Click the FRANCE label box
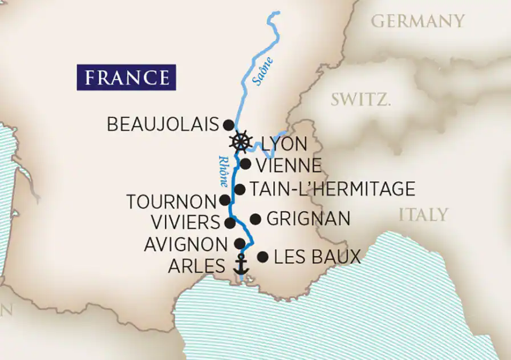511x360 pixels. click(127, 77)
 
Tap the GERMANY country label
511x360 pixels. click(417, 22)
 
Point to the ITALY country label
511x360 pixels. click(423, 215)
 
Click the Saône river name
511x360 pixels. click(263, 71)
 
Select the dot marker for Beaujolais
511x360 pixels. click(228, 124)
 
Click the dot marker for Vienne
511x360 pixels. click(245, 164)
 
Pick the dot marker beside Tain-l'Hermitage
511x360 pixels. click(240, 189)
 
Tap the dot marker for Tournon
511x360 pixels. click(225, 200)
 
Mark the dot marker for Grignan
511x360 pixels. click(255, 219)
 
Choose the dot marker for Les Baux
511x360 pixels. click(262, 257)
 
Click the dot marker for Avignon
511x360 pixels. click(240, 244)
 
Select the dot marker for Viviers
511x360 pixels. click(230, 223)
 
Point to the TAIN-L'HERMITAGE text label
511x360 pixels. click(332, 189)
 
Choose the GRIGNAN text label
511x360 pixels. click(308, 219)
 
